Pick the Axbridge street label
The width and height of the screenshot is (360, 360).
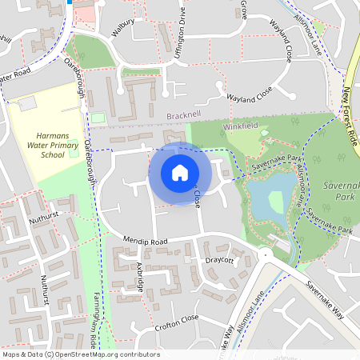141,276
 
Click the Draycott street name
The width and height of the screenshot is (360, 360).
218,260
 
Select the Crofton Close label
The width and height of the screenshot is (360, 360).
178,318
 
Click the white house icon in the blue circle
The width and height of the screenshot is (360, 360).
180,172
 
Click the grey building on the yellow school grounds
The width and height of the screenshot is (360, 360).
29,103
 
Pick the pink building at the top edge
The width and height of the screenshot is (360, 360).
86,11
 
